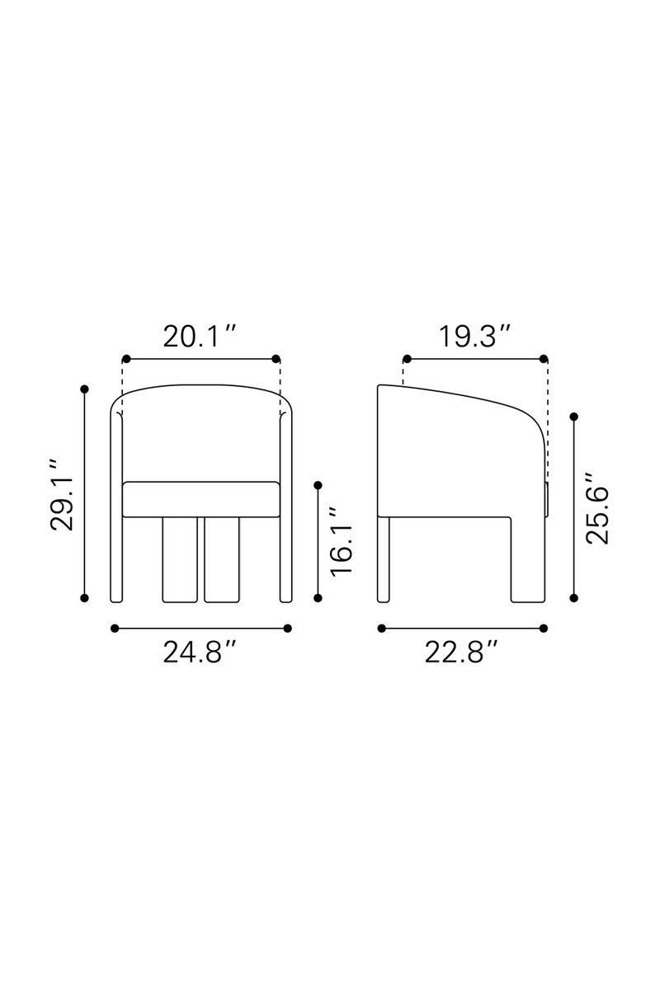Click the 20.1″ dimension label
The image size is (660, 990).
200,337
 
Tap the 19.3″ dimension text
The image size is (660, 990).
474,337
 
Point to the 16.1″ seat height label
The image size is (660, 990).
342,541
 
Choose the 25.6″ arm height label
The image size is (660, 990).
596,509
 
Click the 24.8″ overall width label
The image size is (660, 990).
200,653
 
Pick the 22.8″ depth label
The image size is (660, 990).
461,653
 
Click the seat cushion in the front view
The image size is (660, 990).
201,499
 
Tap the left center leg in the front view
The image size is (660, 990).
180,559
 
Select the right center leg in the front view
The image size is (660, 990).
222,559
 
